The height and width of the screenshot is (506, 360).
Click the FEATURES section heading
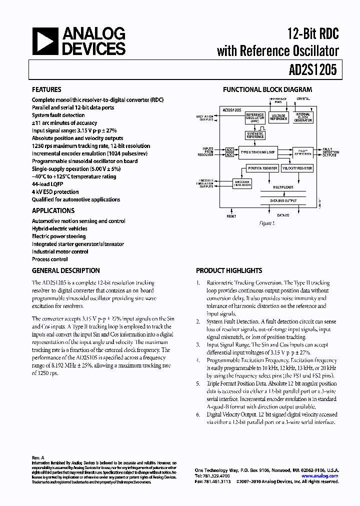tap(47, 90)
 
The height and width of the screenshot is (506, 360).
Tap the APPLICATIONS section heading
tap(53, 211)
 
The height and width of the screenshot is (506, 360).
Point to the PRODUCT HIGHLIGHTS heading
tap(229, 270)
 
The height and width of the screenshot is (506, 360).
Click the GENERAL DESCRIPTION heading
tap(65, 270)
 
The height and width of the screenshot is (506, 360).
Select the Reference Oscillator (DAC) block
tap(255, 117)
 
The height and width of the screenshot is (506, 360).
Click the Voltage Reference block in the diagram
tap(278, 117)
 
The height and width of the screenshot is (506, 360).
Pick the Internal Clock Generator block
tap(302, 117)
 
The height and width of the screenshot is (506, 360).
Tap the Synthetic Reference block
tap(255, 135)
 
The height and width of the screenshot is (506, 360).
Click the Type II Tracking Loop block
tap(257, 151)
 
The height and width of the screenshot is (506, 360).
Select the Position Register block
tap(262, 168)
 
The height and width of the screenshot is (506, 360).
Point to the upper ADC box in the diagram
tap(229, 149)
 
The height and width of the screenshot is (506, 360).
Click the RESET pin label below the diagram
tap(231, 216)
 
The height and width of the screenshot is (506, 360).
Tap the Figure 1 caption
tap(267, 223)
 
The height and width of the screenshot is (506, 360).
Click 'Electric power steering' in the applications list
tap(58, 236)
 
